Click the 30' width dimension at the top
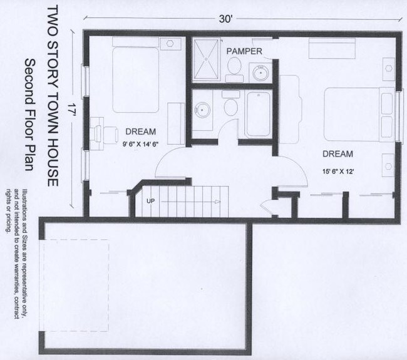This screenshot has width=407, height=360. coord(225,19)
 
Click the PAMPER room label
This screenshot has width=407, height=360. coord(244,51)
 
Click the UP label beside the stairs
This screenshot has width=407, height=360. coord(150,201)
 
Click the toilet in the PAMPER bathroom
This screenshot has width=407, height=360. coord(234,68)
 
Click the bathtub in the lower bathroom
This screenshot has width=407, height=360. coord(257,115)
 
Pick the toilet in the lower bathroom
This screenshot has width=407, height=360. coord(230,106)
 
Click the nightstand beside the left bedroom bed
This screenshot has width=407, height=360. coord(169,44)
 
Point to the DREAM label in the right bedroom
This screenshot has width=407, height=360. coord(337,153)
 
